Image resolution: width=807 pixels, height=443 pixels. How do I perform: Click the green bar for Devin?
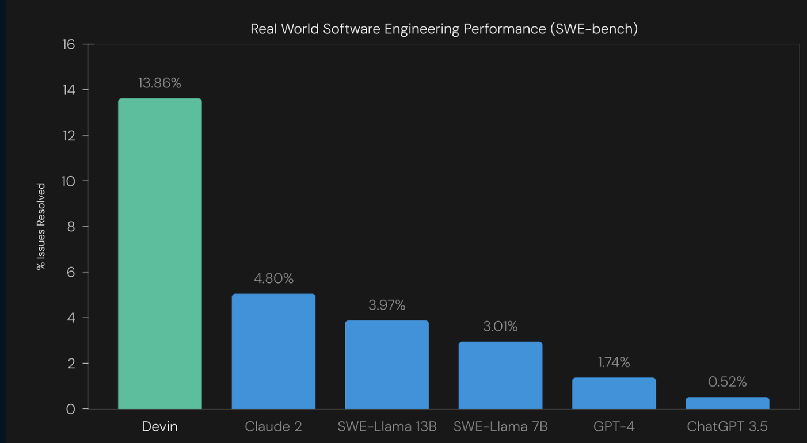pos(160,254)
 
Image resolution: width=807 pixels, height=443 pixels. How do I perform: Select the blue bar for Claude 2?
pos(273,352)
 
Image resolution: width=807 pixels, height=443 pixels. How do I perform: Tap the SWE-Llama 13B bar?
pos(387,365)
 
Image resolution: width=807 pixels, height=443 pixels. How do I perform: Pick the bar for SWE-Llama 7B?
pos(500,375)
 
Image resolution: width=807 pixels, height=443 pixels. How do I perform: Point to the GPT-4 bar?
pos(614,394)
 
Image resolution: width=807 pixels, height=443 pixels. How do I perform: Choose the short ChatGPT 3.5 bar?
pos(728,403)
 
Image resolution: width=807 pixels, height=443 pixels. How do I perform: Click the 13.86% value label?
pos(159,83)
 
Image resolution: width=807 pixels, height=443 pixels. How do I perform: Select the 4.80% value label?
pos(273,279)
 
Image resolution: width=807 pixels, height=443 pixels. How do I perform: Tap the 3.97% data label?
pos(387,305)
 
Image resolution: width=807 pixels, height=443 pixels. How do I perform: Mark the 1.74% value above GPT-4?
pos(614,362)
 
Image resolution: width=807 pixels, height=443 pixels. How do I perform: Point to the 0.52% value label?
pos(727,382)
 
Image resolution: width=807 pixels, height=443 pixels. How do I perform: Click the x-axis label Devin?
pos(160,427)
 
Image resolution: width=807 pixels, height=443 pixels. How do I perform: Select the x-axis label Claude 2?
pos(273,427)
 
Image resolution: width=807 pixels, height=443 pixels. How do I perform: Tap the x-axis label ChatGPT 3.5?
pos(727,427)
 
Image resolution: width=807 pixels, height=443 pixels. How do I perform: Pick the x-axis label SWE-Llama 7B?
pos(500,427)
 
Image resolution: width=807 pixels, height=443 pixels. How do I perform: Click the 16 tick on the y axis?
pos(68,44)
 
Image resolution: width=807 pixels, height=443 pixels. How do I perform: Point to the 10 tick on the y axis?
pos(68,181)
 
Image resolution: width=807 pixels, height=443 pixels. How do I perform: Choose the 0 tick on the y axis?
pos(70,409)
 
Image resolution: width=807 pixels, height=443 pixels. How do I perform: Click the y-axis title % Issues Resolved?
pos(41,226)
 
